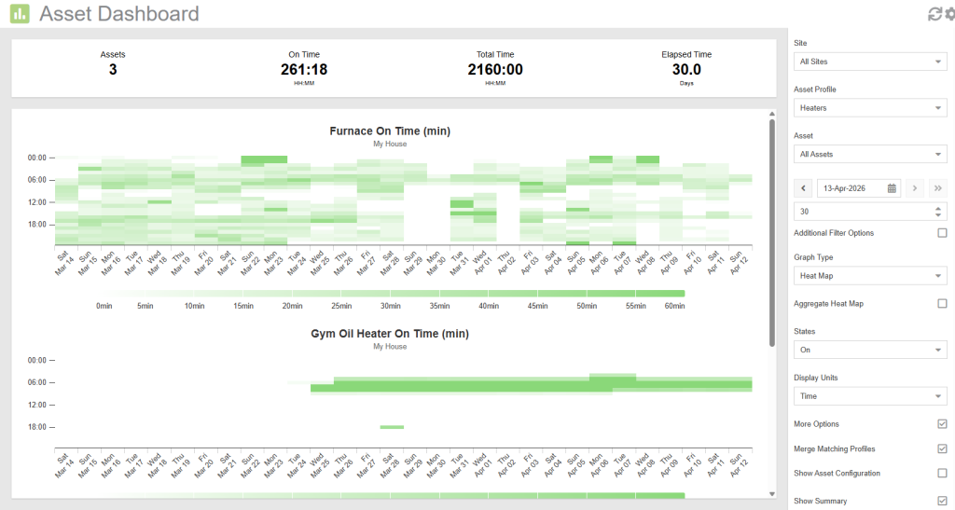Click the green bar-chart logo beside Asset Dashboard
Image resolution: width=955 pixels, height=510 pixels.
click(20, 14)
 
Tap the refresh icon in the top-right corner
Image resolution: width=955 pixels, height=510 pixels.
click(934, 14)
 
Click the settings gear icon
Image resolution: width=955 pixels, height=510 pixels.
click(948, 14)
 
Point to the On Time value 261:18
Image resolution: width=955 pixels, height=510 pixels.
click(303, 69)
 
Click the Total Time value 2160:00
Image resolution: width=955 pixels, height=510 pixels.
click(494, 69)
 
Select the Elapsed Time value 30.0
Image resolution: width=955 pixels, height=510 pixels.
click(686, 69)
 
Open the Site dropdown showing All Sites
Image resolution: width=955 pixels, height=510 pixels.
click(869, 62)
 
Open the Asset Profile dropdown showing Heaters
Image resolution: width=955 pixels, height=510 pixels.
click(869, 108)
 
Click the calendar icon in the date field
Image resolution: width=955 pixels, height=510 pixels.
click(892, 188)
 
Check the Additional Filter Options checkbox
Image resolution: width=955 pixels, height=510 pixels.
click(942, 233)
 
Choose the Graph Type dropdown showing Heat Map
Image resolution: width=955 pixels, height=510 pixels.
click(869, 276)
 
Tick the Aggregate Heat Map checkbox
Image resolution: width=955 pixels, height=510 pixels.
click(942, 304)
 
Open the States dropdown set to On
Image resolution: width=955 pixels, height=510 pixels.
click(869, 350)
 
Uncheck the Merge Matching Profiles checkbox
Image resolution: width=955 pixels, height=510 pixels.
click(942, 448)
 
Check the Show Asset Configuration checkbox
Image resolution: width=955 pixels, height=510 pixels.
click(942, 473)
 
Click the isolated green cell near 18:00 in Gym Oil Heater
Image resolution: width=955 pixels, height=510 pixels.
click(392, 427)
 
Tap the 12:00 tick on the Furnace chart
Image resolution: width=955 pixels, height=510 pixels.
click(37, 202)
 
